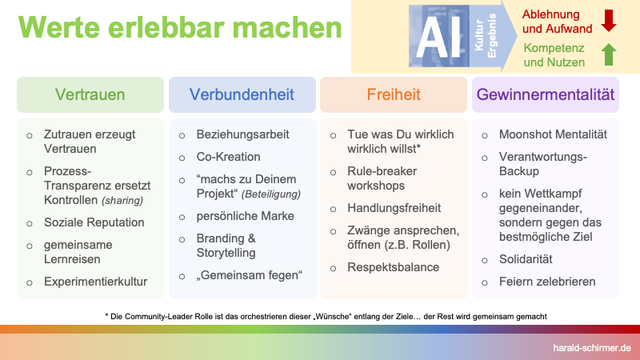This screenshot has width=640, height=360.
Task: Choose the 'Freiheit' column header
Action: tap(393, 96)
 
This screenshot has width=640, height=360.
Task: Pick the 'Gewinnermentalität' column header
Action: tap(546, 96)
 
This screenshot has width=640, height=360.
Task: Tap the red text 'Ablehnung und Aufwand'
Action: tap(558, 19)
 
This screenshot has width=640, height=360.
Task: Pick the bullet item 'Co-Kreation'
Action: tap(229, 157)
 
